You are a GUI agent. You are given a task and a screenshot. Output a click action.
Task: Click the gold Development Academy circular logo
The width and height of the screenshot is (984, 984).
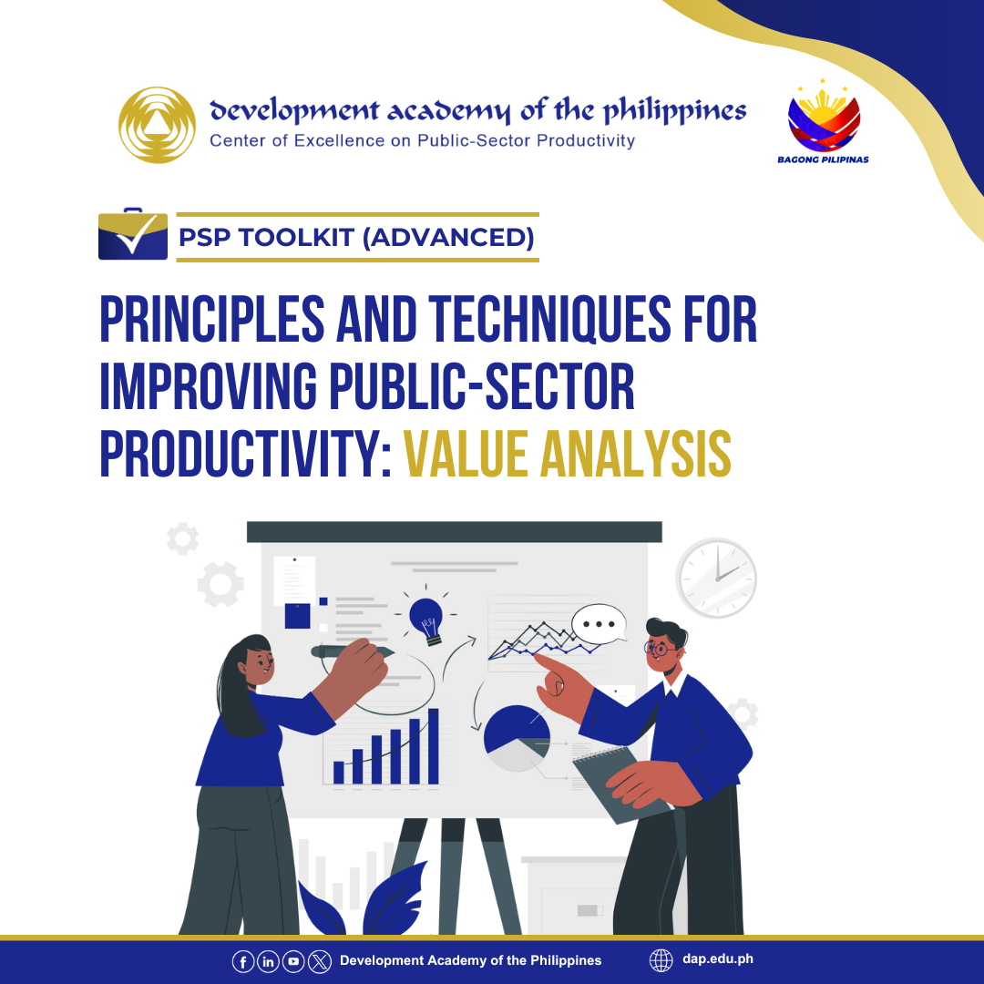(157, 125)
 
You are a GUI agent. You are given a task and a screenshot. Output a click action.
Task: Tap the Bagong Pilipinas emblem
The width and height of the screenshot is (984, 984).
(824, 121)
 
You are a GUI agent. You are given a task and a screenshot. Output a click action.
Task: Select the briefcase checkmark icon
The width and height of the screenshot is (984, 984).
(133, 234)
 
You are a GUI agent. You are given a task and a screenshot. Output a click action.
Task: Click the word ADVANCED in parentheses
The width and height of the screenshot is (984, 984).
(448, 237)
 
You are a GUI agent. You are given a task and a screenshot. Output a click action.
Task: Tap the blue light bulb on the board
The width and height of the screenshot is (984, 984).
(426, 620)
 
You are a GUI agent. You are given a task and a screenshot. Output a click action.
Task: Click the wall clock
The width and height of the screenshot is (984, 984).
(716, 578)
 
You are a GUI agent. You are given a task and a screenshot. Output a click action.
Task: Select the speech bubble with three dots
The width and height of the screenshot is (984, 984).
(599, 624)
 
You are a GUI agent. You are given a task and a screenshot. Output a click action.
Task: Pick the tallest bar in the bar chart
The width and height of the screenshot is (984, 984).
(433, 746)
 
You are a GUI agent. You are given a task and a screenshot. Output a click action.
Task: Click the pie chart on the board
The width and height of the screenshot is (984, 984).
(517, 738)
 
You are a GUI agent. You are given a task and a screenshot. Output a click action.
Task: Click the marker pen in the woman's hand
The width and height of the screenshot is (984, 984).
(352, 651)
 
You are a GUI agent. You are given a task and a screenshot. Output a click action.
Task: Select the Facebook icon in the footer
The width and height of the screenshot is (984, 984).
(243, 961)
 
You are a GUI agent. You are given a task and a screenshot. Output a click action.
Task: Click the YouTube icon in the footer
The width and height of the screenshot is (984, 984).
(293, 961)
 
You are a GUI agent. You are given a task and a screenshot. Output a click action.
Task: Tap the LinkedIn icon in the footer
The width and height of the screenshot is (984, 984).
(268, 961)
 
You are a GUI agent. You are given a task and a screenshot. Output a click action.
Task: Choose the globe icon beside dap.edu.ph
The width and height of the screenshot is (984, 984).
(661, 960)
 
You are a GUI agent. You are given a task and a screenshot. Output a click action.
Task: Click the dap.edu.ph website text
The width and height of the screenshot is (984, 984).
(718, 958)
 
